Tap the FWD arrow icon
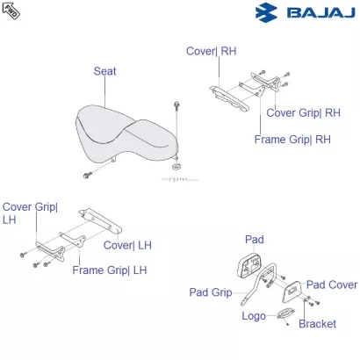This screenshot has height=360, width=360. pyautogui.click(x=11, y=11)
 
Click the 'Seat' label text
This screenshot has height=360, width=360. pyautogui.click(x=104, y=71)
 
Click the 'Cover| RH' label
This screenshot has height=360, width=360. pyautogui.click(x=211, y=51)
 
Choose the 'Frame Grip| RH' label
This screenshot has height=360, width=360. pyautogui.click(x=292, y=139)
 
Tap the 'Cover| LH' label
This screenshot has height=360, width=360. pyautogui.click(x=127, y=245)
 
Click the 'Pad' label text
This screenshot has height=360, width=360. pyautogui.click(x=254, y=239)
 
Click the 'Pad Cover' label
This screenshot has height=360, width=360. pyautogui.click(x=331, y=284)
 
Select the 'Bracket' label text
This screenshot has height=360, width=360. pyautogui.click(x=317, y=324)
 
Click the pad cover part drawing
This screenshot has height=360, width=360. pyautogui.click(x=292, y=287)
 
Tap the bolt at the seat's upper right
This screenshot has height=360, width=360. pyautogui.click(x=176, y=106)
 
